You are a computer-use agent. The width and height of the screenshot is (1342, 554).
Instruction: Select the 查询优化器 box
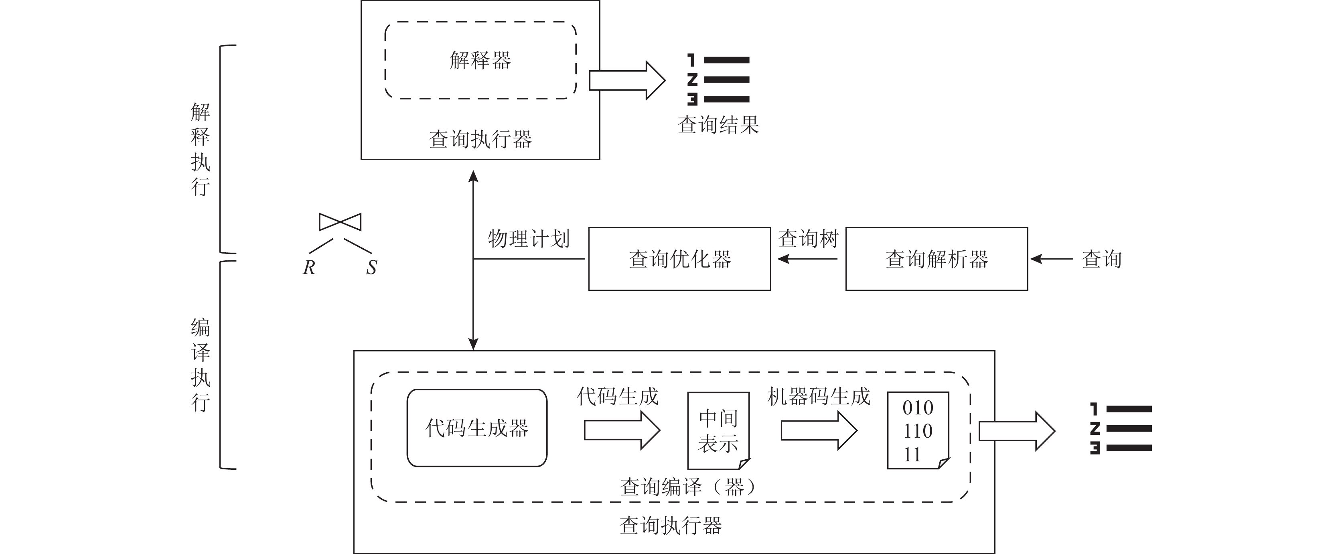(x=679, y=259)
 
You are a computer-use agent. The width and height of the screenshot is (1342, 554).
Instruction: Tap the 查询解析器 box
(x=936, y=259)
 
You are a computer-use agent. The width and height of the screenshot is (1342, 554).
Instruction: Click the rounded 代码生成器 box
(x=477, y=428)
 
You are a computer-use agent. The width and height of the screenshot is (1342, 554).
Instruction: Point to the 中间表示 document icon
(x=718, y=430)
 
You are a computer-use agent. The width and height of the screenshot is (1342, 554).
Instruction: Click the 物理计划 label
(x=528, y=239)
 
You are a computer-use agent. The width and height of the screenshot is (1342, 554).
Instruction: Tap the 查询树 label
(x=808, y=239)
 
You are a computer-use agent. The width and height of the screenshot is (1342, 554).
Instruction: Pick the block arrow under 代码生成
(x=622, y=430)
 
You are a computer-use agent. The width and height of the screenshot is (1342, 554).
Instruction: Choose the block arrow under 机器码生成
(x=819, y=430)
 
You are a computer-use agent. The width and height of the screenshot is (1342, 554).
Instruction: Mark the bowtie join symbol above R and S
(x=340, y=222)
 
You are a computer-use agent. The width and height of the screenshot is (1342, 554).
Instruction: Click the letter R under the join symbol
(x=309, y=267)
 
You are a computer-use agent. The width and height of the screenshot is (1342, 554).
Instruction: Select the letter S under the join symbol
(x=371, y=267)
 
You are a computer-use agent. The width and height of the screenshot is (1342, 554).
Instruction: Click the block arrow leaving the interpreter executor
(x=627, y=80)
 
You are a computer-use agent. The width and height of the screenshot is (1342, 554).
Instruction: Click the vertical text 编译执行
(x=201, y=365)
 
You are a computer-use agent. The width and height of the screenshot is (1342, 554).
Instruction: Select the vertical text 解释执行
(x=201, y=149)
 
